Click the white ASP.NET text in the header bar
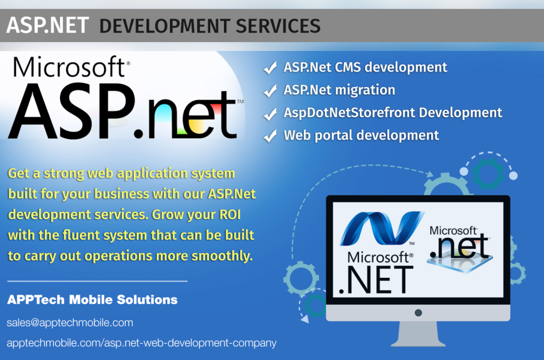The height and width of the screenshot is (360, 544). coord(47,25)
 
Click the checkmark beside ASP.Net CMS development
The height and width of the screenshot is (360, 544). coord(270,68)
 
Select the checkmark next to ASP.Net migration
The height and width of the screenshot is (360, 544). coord(270,91)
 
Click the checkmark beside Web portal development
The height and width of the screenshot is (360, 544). coord(270,136)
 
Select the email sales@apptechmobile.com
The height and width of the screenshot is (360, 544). coord(70,323)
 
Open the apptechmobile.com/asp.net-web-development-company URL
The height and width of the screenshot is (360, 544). coord(142,343)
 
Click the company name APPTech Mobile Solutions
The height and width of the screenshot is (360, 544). coord(92,299)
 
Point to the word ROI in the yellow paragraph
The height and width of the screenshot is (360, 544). coord(230,215)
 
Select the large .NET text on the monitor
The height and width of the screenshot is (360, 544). coord(376,280)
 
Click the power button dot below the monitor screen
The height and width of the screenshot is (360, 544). coord(419,313)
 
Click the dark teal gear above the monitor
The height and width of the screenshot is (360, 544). coord(489,173)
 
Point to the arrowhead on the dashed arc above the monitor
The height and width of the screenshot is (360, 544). coord(430,174)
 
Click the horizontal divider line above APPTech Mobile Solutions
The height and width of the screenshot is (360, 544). coord(97,281)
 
